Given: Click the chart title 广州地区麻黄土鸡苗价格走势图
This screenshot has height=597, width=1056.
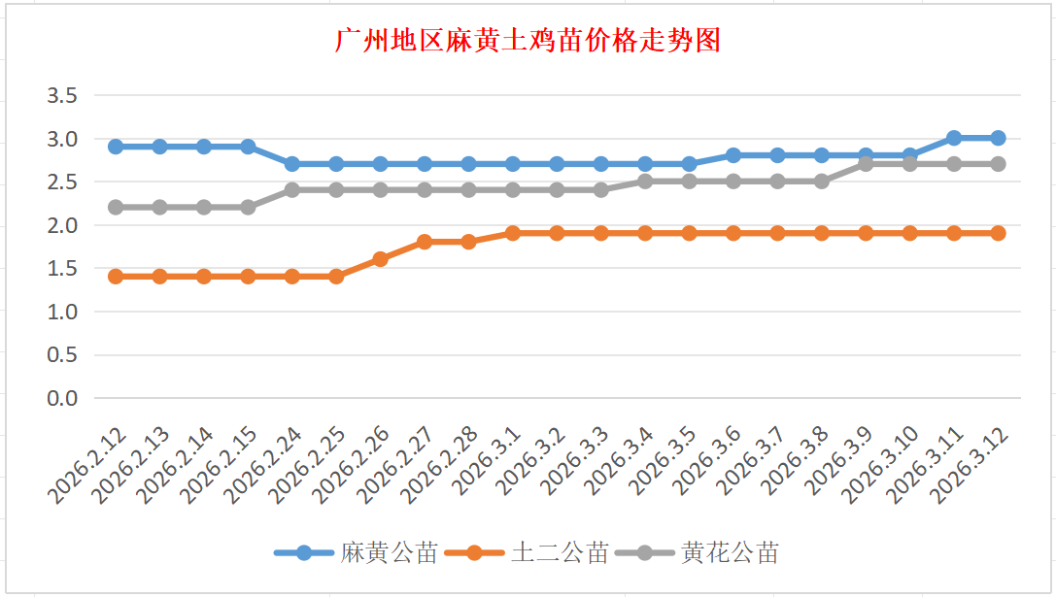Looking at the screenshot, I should coord(528,41).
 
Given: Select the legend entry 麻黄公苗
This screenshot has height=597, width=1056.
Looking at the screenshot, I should coord(388,553).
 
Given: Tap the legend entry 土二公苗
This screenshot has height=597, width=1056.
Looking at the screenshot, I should coord(560,553).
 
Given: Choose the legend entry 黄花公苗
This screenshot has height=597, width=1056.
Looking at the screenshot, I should coord(730,553).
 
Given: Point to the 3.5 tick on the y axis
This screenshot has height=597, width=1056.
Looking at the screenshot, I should coord(61,95).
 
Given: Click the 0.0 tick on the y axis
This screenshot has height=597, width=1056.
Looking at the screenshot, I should coord(61,398).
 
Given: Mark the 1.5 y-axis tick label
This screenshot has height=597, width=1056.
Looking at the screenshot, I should coord(61,268).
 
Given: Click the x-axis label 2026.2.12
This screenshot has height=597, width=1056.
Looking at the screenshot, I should coord(87,465).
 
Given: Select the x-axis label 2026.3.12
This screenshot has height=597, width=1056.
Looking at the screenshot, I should coord(970,465).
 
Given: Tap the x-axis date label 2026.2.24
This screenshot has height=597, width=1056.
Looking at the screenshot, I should coord(264,465).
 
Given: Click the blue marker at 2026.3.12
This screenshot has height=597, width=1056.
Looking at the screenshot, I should coord(998,138).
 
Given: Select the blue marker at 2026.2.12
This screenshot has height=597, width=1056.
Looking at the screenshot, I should coord(116,147).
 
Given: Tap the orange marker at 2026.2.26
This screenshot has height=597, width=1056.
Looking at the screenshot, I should coord(381,259).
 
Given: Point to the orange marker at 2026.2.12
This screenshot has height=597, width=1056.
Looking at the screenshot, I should coord(116,277).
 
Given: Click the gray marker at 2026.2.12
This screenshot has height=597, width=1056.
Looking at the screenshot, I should coord(116,207).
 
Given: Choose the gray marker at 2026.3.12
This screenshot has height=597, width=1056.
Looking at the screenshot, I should coord(998,164).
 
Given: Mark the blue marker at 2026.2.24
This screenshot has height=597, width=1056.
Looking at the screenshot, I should coord(292,164).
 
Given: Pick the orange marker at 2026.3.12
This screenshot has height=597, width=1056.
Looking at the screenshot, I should coord(998,233).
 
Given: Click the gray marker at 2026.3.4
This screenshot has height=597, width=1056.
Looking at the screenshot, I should coord(645,182).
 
